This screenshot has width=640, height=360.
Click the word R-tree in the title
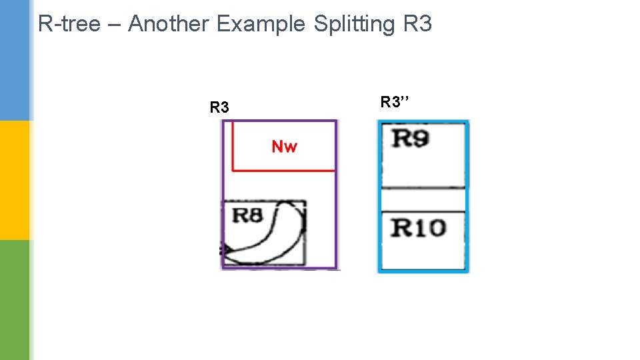coord(69,24)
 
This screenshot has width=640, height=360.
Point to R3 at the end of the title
coord(417,24)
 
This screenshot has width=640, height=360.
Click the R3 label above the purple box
coord(219,107)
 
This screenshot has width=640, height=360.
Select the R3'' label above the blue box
coord(395,102)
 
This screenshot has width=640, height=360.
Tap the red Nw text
coord(285,146)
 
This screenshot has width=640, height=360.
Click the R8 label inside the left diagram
coord(246,215)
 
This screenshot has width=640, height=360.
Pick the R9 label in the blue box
coord(410,139)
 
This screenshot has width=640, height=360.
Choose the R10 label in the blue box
coord(418,228)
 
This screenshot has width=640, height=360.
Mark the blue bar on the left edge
coord(15,60)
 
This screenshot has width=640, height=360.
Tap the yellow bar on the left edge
coord(15,180)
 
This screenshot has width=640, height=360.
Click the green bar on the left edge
coord(15,300)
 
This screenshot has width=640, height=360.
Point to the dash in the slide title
coord(114,25)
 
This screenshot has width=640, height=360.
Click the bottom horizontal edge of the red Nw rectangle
coord(283,171)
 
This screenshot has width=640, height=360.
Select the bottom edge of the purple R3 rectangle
coord(280,269)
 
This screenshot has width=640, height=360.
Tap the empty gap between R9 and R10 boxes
coord(422,199)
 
